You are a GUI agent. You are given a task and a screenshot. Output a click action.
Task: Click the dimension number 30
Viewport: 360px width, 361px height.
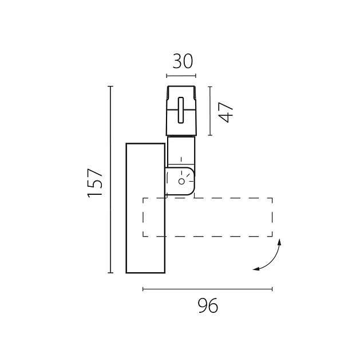pos(183,61)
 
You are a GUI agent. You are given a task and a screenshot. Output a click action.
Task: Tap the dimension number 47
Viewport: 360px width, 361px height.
pos(226,112)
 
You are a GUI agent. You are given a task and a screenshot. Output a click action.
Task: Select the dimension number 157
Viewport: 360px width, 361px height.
pos(94,183)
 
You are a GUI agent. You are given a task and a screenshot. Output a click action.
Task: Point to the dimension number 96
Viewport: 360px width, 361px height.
pos(208,305)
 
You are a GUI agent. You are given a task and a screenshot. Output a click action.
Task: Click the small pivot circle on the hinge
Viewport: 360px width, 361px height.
pos(181,182)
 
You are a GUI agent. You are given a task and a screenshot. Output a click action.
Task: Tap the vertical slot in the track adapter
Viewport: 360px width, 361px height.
pos(181,110)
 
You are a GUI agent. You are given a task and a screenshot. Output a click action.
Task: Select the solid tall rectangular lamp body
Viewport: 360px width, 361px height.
pos(145,208)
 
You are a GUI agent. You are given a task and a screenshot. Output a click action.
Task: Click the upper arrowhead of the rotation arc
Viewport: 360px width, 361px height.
pos(279,242)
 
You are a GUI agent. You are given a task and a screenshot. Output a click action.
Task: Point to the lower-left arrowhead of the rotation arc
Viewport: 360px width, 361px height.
pos(256,269)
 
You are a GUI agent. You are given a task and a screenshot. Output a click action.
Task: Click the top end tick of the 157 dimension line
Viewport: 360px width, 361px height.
pos(110,87)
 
